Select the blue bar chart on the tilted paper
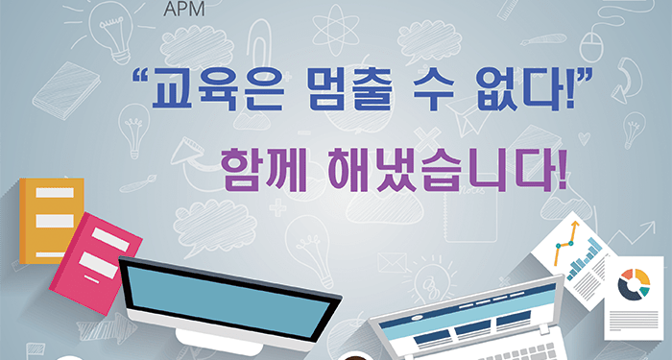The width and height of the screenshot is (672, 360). click(x=586, y=259)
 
